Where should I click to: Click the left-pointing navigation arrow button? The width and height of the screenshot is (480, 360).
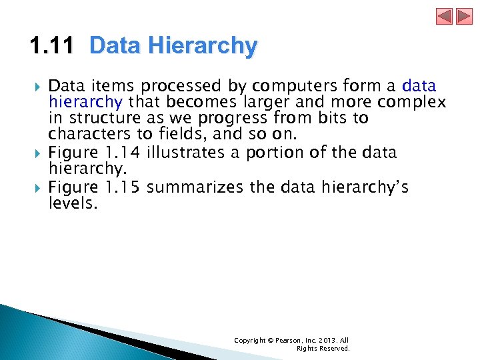(445, 16)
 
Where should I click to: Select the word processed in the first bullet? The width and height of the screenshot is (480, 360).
(174, 86)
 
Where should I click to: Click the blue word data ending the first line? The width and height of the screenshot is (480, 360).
(419, 86)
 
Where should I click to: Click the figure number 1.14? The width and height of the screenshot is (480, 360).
(125, 153)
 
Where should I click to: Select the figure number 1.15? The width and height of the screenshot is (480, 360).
(125, 187)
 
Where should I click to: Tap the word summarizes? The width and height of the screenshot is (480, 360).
(195, 187)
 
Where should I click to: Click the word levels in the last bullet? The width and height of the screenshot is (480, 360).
(73, 203)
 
